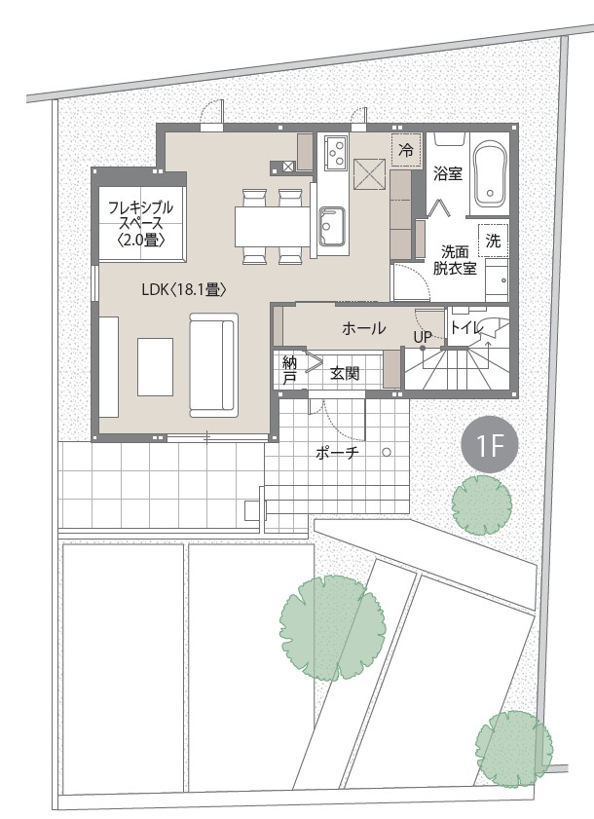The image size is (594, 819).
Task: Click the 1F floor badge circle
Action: [490, 445]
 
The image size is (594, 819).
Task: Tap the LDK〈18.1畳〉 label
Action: [184, 290]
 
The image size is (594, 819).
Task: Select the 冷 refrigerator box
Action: [406, 150]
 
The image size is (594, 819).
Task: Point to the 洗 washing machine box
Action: [493, 241]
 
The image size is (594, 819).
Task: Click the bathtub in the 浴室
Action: [491, 175]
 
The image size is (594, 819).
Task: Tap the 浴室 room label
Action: [448, 174]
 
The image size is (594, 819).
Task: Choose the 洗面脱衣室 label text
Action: [454, 260]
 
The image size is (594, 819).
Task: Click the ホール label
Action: [363, 328]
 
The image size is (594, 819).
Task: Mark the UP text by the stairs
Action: [423, 337]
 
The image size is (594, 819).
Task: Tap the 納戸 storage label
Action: [289, 370]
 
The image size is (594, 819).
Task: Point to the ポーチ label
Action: [338, 454]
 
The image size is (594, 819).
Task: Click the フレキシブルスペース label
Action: [140, 224]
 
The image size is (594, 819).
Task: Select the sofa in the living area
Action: [213, 364]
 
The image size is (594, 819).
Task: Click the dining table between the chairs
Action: [273, 226]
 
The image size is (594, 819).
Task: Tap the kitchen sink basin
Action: [332, 225]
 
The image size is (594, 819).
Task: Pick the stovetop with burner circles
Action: [336, 152]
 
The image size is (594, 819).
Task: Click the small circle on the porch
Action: [388, 452]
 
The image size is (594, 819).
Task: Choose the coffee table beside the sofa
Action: [155, 367]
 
